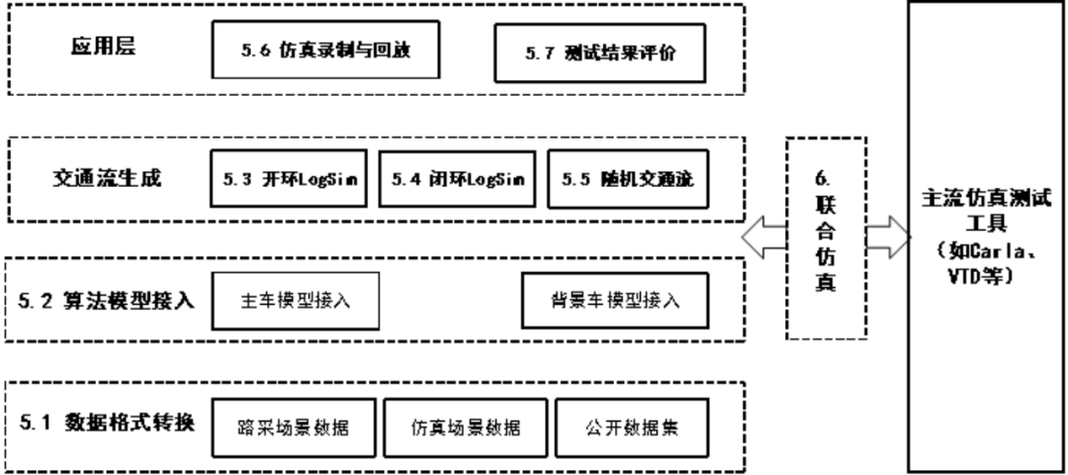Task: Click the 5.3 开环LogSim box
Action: pyautogui.click(x=290, y=179)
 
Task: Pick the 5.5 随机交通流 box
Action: pyautogui.click(x=627, y=179)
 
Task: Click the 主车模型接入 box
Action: pyautogui.click(x=296, y=301)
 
